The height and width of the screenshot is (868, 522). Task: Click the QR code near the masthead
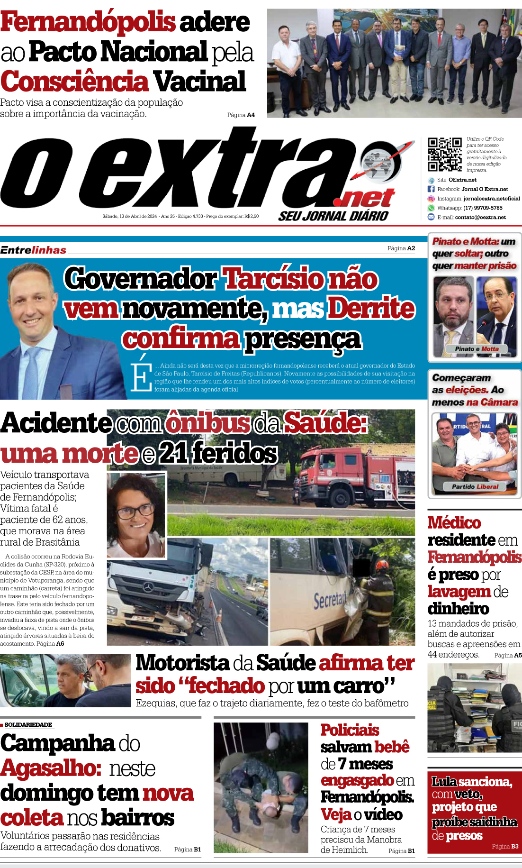pyautogui.click(x=444, y=154)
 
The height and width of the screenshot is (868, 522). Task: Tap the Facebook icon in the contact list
pyautogui.click(x=431, y=189)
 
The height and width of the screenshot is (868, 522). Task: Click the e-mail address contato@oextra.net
pyautogui.click(x=480, y=218)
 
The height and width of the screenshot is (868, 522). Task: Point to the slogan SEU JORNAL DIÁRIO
pyautogui.click(x=333, y=216)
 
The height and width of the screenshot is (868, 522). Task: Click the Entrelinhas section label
pyautogui.click(x=33, y=250)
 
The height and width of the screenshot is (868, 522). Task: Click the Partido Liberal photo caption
pyautogui.click(x=475, y=487)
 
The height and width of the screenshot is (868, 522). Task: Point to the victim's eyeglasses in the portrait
pyautogui.click(x=137, y=512)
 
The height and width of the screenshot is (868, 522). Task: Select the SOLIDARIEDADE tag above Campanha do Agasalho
pyautogui.click(x=28, y=725)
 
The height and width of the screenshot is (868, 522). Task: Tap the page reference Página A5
pyautogui.click(x=508, y=656)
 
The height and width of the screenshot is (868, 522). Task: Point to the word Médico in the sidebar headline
pyautogui.click(x=454, y=523)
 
